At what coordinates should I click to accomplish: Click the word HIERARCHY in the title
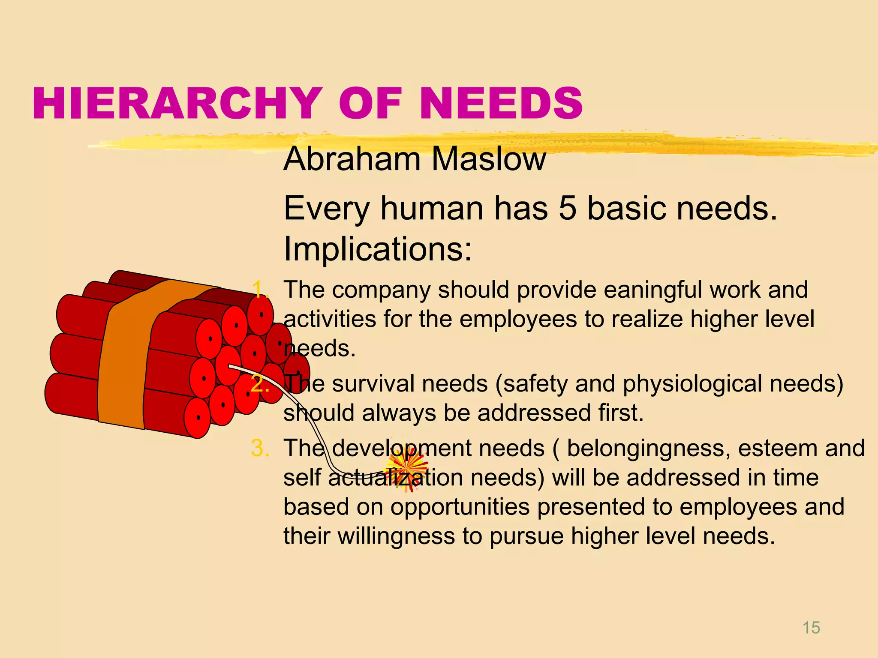coord(177,103)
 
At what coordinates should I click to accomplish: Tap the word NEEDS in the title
coord(501,103)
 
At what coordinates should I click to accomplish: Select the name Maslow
coord(489,159)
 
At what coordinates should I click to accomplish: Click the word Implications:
coord(378,249)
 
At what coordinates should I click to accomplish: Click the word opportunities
coord(460,508)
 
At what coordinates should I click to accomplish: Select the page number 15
coord(811,628)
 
